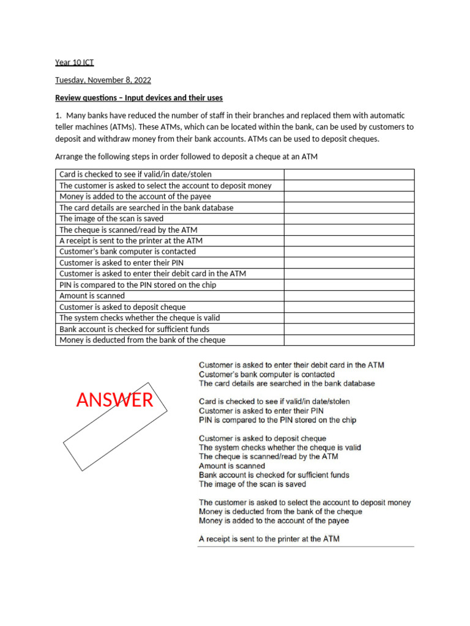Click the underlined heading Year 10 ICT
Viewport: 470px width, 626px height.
tap(75, 62)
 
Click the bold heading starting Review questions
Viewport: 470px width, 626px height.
tap(139, 98)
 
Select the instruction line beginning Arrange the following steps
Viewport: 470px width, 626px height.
tap(187, 156)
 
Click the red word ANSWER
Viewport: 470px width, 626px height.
tap(114, 400)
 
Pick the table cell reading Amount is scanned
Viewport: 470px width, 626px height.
tap(92, 296)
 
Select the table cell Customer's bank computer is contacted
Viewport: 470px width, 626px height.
tap(127, 251)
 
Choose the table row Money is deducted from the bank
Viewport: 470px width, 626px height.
tap(142, 340)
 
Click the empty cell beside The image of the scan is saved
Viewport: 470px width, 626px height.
tap(348, 218)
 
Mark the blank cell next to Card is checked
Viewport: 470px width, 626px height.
tap(348, 174)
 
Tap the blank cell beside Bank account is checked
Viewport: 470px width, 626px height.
tap(348, 329)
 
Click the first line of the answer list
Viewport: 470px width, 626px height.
tap(291, 365)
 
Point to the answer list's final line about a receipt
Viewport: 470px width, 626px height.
tap(269, 539)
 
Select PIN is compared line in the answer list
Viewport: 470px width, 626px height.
tap(277, 420)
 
